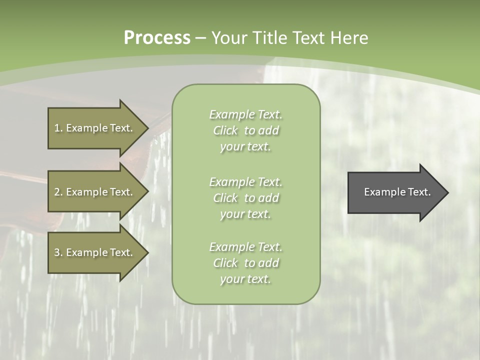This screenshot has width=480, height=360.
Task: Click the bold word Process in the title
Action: click(157, 38)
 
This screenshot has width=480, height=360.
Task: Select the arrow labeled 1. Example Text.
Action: click(95, 128)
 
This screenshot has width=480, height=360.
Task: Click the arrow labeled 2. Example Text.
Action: click(95, 192)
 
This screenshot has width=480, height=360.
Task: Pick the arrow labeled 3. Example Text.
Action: click(95, 252)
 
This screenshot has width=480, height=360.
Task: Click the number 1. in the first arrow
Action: click(58, 128)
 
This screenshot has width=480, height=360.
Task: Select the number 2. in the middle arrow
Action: click(58, 192)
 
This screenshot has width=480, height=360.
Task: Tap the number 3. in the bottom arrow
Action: click(58, 252)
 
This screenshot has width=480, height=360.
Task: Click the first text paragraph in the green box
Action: click(245, 130)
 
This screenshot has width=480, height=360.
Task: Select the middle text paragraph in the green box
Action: click(245, 198)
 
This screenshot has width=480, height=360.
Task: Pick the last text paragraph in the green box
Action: click(245, 263)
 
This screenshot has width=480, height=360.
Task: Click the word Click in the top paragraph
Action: click(225, 130)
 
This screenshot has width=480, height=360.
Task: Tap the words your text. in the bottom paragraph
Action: click(245, 279)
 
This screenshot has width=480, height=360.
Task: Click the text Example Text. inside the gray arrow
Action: click(397, 192)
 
